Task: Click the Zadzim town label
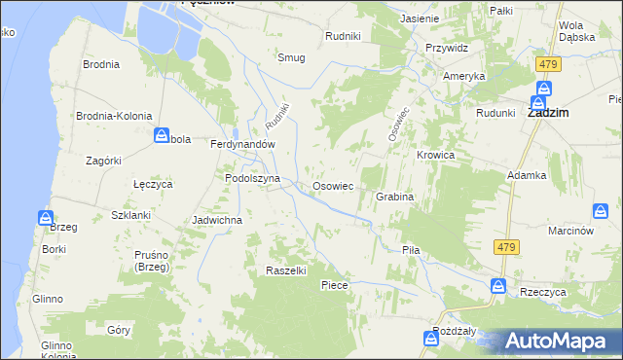point(548,113)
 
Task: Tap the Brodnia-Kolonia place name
point(115,115)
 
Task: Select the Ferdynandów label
point(243,143)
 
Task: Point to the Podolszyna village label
point(252,179)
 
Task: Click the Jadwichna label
point(217,220)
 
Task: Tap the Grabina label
point(395,197)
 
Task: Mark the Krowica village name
point(436,155)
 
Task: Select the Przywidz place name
point(447,48)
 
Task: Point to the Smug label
point(291,57)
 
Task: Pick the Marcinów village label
point(570,231)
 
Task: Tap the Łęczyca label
point(152,183)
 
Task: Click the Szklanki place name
point(130,214)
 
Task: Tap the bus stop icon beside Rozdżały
point(431,338)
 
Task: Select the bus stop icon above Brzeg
point(46,218)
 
